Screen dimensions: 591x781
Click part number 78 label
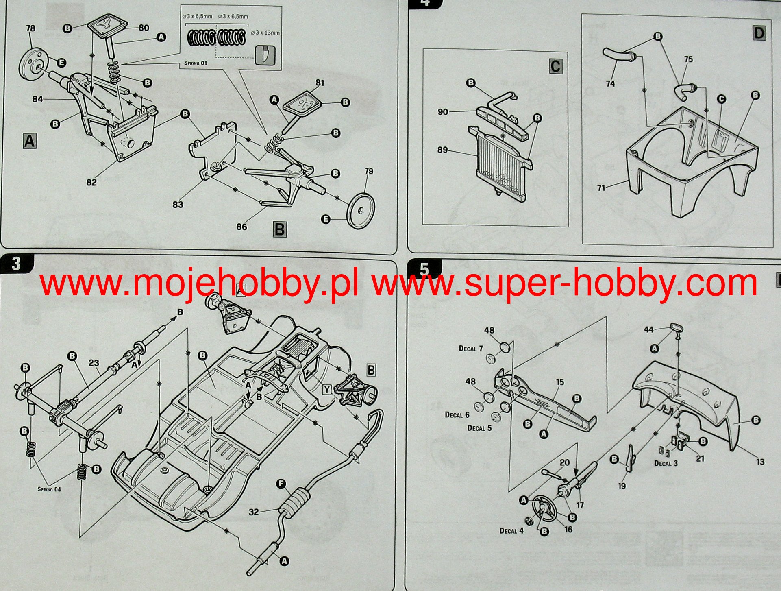point(30,28)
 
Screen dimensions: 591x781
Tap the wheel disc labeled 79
point(360,210)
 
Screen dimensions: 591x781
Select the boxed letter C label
point(555,66)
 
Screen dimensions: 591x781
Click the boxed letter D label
point(759,33)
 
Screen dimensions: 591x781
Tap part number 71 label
point(601,188)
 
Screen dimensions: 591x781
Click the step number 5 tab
point(424,269)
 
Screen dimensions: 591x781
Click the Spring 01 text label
point(196,63)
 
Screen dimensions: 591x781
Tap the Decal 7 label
point(471,349)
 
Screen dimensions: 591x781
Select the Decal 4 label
point(511,531)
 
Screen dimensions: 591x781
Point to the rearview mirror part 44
point(676,329)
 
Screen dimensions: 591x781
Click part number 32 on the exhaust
point(253,512)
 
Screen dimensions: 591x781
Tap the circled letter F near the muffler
point(281,484)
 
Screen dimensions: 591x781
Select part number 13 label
point(760,462)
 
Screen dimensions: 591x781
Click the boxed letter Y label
point(327,390)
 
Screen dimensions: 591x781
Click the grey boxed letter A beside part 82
point(29,141)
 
